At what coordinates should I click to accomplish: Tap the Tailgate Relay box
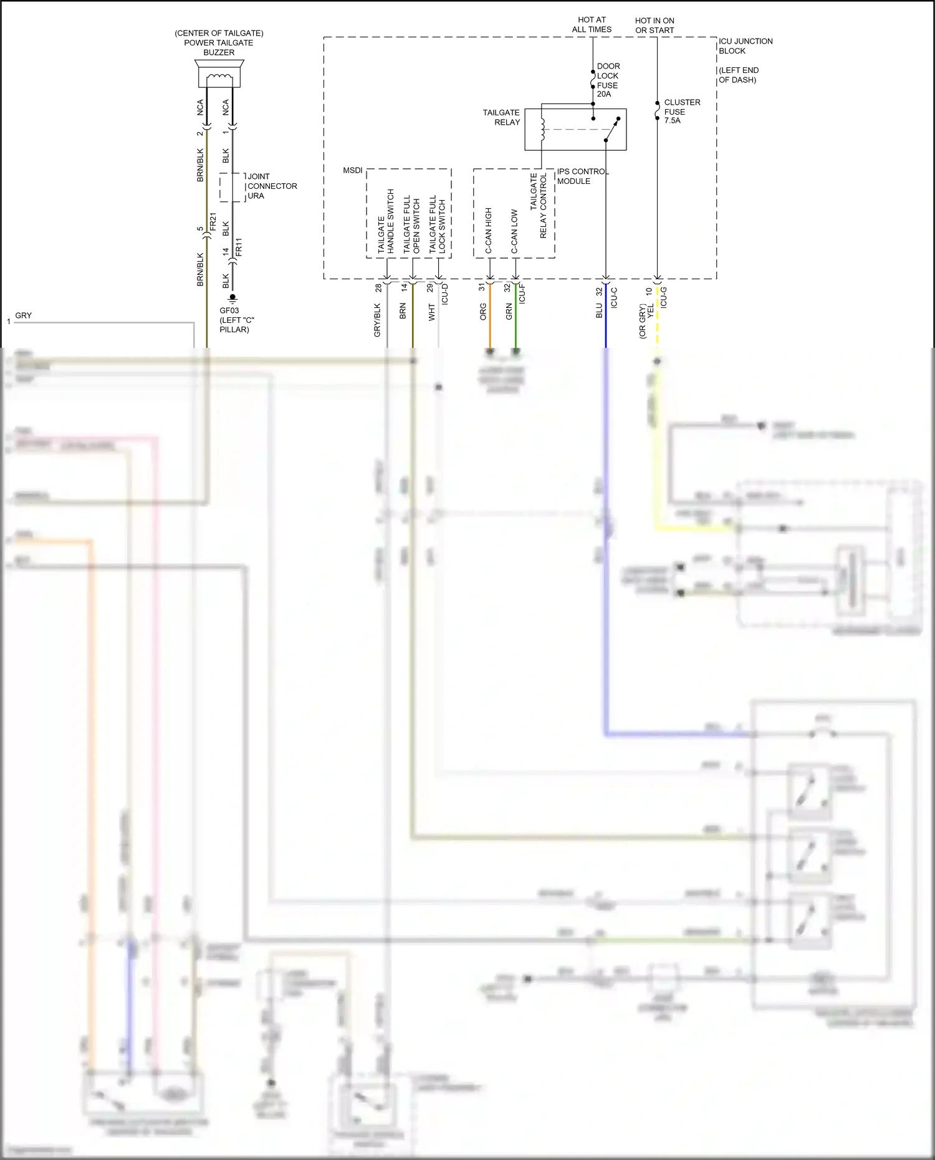click(575, 130)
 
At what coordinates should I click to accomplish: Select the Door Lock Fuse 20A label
click(608, 80)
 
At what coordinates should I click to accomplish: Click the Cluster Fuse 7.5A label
click(681, 111)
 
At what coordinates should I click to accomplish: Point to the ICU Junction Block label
click(745, 46)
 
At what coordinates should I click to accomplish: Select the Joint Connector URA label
click(272, 186)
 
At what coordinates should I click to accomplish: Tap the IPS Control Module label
click(581, 176)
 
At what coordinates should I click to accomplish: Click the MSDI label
click(352, 170)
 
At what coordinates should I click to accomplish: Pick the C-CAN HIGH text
click(489, 230)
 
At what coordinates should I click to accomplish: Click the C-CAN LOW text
click(514, 231)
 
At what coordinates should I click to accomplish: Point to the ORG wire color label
click(483, 312)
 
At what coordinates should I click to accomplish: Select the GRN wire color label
click(509, 312)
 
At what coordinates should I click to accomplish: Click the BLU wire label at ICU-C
click(599, 310)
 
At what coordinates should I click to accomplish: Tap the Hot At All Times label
click(592, 24)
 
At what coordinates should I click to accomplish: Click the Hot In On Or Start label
click(654, 25)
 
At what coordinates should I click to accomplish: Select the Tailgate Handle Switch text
click(386, 221)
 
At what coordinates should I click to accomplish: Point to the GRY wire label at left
click(23, 315)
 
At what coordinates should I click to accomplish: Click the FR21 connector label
click(213, 222)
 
